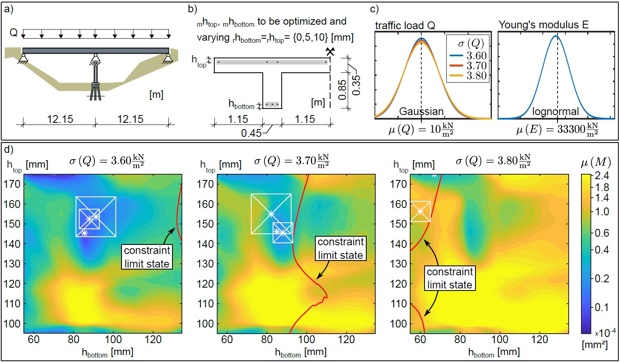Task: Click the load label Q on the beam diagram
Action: coord(14,33)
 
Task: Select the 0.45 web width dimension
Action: coord(251,133)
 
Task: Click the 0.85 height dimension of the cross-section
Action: coord(342,90)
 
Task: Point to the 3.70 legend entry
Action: coord(476,66)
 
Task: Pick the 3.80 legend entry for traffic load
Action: coord(476,76)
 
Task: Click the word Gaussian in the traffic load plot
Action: coord(421,111)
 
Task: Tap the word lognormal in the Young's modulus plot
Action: coord(555,111)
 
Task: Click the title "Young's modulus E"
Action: coord(543,25)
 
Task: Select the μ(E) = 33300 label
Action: coord(557,129)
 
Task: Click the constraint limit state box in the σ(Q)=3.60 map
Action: coord(147,257)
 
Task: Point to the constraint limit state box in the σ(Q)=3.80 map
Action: coord(450,278)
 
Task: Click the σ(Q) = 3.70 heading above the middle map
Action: coord(292,161)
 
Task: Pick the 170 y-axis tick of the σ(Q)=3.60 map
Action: coord(12,184)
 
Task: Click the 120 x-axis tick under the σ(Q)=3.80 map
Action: coord(540,339)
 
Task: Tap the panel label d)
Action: coord(9,149)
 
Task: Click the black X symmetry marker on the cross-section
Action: coord(330,51)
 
